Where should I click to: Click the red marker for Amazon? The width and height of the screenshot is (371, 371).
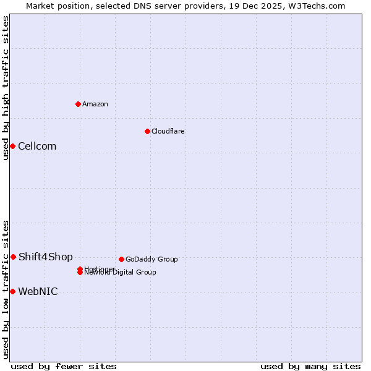point(79,104)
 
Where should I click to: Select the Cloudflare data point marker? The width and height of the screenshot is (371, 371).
point(147,131)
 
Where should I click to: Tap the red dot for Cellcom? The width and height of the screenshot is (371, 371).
point(12,146)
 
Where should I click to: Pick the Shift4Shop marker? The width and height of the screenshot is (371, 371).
point(13,257)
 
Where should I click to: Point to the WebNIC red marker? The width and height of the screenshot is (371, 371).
point(12,291)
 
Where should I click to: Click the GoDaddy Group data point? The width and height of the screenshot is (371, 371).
point(121,259)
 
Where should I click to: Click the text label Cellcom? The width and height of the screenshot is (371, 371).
point(37,147)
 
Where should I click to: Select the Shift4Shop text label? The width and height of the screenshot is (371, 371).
point(46,257)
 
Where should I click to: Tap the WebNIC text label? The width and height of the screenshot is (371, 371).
point(38,292)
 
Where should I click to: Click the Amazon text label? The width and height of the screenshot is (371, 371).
point(95,104)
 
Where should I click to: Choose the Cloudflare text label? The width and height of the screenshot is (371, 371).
point(168,132)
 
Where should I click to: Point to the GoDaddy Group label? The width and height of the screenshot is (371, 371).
point(151,260)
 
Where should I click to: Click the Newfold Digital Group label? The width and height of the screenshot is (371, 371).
point(121,273)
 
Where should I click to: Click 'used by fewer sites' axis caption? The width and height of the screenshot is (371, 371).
point(64,366)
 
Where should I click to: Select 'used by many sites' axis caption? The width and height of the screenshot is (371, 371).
point(310,366)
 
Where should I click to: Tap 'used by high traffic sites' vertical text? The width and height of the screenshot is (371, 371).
point(6,88)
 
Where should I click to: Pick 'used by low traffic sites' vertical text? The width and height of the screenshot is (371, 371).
point(6,289)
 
